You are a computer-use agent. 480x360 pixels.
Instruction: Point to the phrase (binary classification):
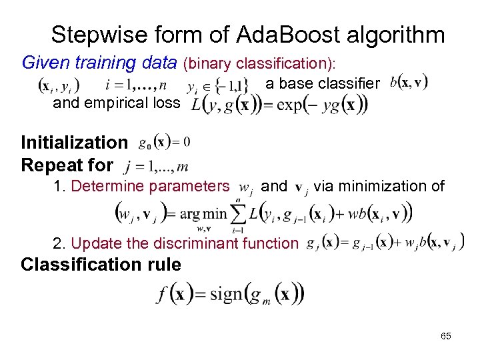point(261,64)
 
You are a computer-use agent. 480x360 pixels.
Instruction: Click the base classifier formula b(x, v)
point(409,84)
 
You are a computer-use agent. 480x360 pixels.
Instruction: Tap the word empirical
point(117,103)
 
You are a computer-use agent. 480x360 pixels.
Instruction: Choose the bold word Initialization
point(74,143)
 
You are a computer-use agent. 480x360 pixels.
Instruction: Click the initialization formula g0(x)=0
point(164,142)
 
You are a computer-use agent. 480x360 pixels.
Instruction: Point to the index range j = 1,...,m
point(153,165)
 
